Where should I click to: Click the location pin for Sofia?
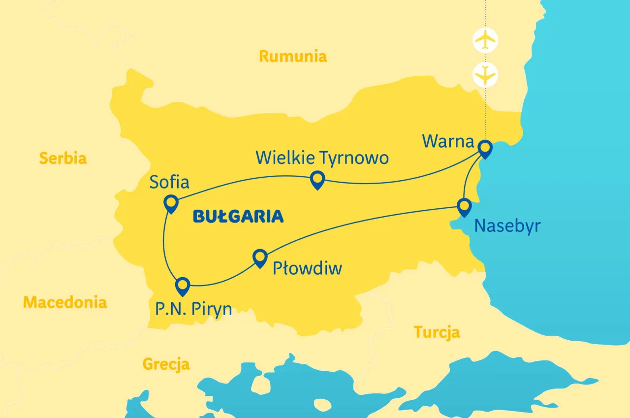[x=171, y=203]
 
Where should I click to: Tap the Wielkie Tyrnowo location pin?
[x=317, y=180]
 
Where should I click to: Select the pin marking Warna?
[x=485, y=148]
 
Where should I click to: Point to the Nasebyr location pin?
[x=464, y=206]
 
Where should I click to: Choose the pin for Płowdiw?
[x=259, y=257]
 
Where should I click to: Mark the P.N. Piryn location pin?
[x=183, y=286]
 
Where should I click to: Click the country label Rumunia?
[x=293, y=56]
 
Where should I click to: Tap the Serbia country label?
[x=63, y=158]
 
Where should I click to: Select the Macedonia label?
[x=65, y=302]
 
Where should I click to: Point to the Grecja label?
[x=166, y=364]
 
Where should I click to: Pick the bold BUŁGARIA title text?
[x=238, y=216]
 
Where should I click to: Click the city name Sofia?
[x=170, y=182]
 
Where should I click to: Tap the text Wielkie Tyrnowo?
[x=322, y=158]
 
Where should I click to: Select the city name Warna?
[x=448, y=142]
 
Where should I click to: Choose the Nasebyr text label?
[x=507, y=226]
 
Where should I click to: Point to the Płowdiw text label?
[x=308, y=269]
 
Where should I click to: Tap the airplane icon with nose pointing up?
[x=485, y=40]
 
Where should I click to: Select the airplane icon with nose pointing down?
[x=485, y=75]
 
